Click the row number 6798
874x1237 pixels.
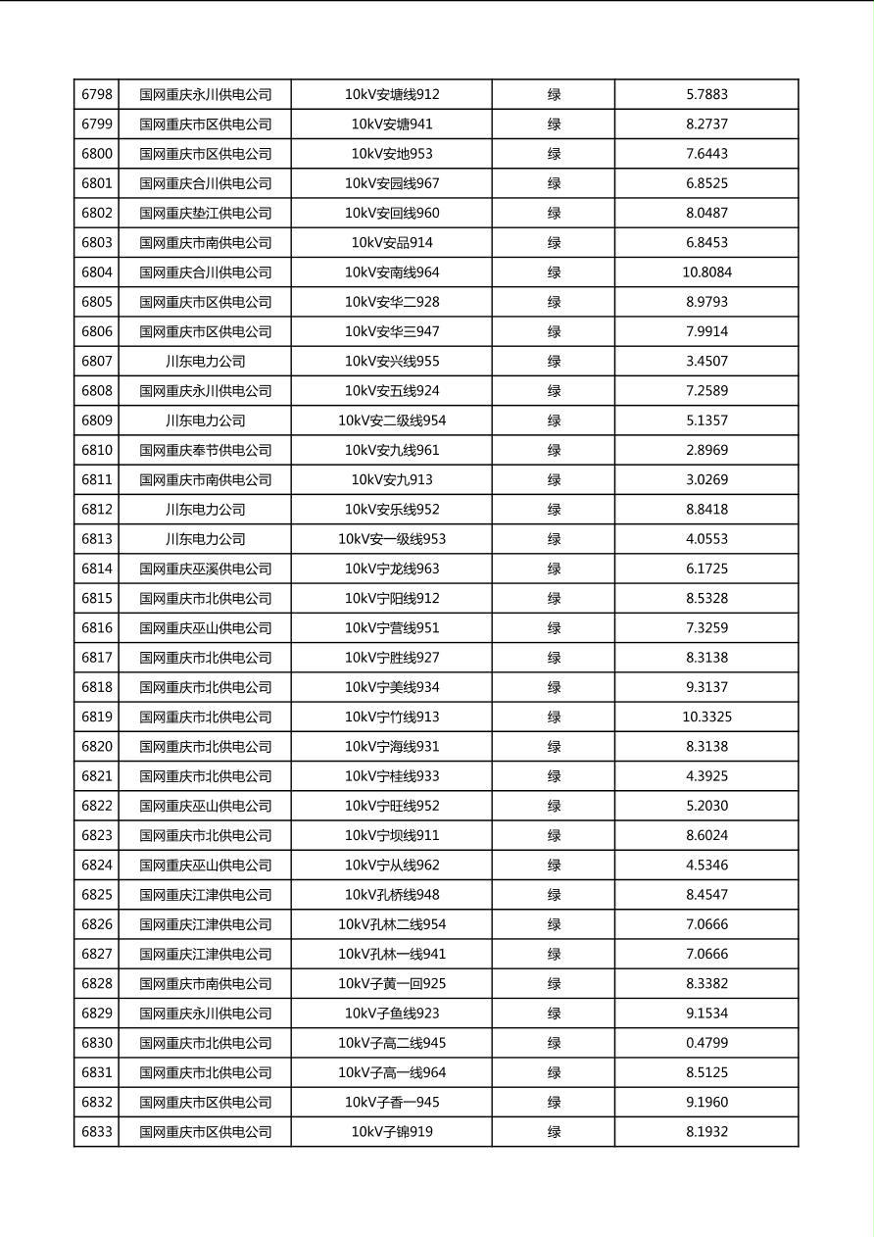pyautogui.click(x=96, y=95)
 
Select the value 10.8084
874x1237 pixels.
pyautogui.click(x=706, y=272)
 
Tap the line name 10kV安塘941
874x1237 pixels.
pyautogui.click(x=391, y=124)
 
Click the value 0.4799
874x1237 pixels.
pyautogui.click(x=706, y=1043)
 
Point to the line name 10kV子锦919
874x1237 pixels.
pyautogui.click(x=391, y=1132)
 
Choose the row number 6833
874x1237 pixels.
pyautogui.click(x=96, y=1132)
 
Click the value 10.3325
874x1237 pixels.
pyautogui.click(x=706, y=717)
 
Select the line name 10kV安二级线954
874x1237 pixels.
pyautogui.click(x=391, y=421)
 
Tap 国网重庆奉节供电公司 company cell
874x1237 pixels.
pyautogui.click(x=205, y=451)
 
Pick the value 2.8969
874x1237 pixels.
pyautogui.click(x=706, y=451)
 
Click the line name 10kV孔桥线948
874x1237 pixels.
pyautogui.click(x=391, y=895)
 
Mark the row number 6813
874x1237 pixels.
pyautogui.click(x=96, y=539)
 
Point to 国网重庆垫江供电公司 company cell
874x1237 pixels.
pyautogui.click(x=205, y=214)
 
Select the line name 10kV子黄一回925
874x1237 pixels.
pyautogui.click(x=391, y=984)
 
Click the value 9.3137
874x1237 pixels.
pyautogui.click(x=706, y=687)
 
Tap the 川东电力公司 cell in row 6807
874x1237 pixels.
pyautogui.click(x=205, y=362)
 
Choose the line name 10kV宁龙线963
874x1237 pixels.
pyautogui.click(x=391, y=569)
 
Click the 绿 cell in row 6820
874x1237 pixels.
pyautogui.click(x=554, y=747)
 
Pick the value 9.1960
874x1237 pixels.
pyautogui.click(x=706, y=1103)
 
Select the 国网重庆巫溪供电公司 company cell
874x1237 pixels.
pyautogui.click(x=205, y=569)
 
